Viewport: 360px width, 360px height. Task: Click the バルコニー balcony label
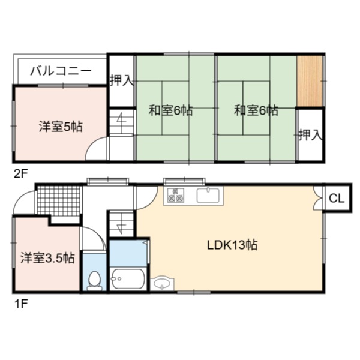(61, 71)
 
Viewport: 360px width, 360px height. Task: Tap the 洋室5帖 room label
(61, 127)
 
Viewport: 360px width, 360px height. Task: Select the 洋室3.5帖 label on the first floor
(47, 258)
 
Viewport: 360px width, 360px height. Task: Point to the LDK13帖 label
(232, 245)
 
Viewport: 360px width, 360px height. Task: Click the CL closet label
(337, 199)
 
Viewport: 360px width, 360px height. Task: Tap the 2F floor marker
(20, 174)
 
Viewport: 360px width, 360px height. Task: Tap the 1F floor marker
(20, 304)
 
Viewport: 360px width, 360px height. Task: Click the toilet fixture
(94, 281)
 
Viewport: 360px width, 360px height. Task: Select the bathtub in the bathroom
(128, 278)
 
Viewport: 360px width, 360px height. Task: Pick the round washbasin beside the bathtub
(162, 284)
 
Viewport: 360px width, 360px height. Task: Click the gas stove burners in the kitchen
(176, 195)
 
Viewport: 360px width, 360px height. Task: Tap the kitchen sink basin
(208, 196)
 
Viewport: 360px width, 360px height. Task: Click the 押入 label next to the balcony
(122, 80)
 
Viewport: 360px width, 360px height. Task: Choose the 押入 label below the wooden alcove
(311, 135)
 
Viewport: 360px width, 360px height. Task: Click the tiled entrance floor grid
(59, 201)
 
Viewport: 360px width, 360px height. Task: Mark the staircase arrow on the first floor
(121, 227)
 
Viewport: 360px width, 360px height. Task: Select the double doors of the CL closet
(318, 198)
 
